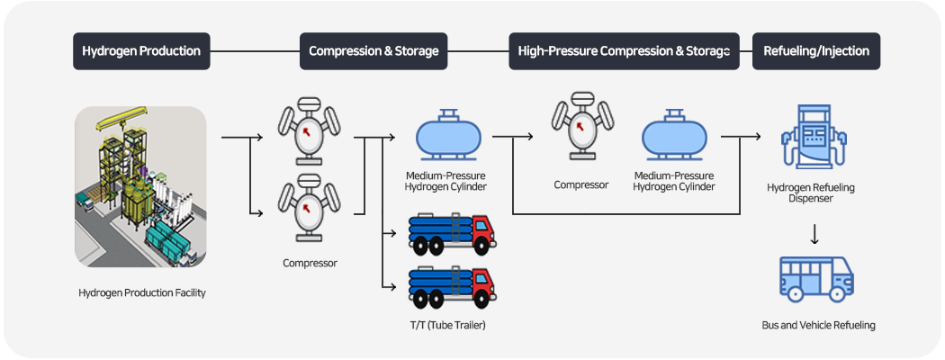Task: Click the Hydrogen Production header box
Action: tap(141, 51)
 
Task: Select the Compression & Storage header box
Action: tap(373, 51)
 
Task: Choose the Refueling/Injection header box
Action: tap(815, 51)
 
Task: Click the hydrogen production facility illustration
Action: tap(140, 186)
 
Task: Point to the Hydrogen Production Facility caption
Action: tap(142, 293)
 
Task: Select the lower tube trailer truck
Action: tap(453, 287)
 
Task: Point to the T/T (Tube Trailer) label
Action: tap(447, 324)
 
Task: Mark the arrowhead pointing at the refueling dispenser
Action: tap(757, 138)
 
